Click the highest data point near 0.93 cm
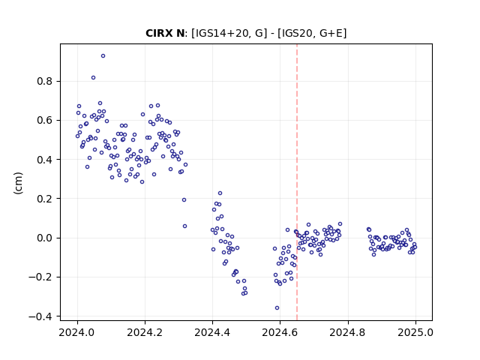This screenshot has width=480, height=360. (103, 56)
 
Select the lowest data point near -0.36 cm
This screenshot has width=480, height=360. (277, 308)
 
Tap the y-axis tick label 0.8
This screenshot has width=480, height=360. (45, 82)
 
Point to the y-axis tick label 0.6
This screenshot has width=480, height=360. (45, 120)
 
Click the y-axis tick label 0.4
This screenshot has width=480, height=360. (45, 160)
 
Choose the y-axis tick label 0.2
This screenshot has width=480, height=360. (45, 199)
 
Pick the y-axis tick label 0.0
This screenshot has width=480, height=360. (45, 238)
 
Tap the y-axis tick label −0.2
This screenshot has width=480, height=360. (40, 277)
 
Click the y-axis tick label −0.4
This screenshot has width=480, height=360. (40, 316)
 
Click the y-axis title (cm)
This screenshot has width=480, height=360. (18, 183)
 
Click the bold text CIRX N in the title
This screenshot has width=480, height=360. (165, 33)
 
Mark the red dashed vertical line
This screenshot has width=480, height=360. (297, 182)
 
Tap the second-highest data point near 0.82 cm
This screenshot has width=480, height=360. (93, 78)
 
